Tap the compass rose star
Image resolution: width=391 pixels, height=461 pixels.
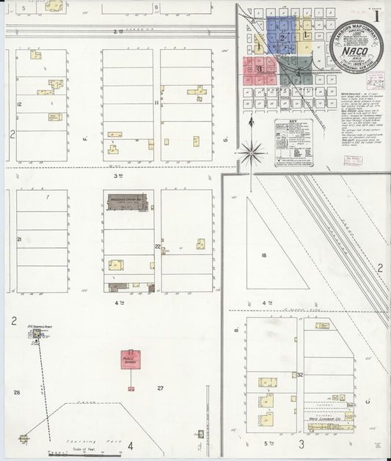252,152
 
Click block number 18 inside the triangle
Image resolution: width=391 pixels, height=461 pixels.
262,254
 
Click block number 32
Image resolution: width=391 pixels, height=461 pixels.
301,375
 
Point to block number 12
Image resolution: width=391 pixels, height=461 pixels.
19,106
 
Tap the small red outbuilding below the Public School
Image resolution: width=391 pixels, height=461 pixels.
131,388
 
